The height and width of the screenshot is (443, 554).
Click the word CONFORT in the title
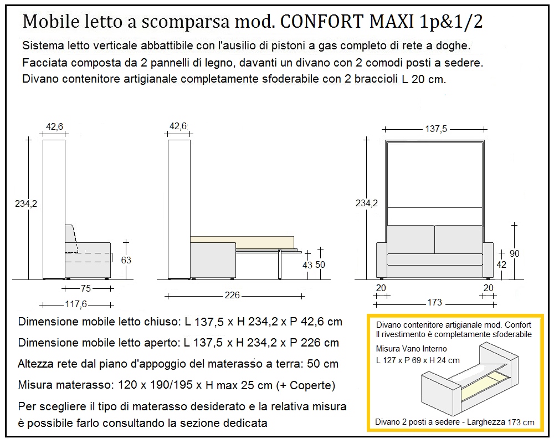click(x=317, y=22)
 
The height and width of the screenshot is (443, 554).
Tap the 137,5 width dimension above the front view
click(x=436, y=129)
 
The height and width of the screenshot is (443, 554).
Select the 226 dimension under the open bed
click(x=233, y=296)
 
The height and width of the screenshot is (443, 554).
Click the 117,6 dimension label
click(x=77, y=304)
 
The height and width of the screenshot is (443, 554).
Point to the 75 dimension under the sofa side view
click(x=86, y=288)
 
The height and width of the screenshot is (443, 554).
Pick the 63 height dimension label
click(x=126, y=259)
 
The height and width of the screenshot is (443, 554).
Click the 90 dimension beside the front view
click(x=515, y=253)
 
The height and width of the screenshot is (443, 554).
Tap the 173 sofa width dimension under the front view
click(x=434, y=302)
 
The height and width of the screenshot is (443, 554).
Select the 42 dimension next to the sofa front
click(x=501, y=265)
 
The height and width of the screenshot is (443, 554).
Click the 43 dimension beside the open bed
click(x=307, y=265)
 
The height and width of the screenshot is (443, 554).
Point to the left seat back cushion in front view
click(x=411, y=239)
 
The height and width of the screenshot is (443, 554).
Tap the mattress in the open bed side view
click(x=242, y=242)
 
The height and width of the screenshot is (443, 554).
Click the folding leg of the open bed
click(x=280, y=264)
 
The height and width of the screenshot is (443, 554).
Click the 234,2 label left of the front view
click(x=367, y=203)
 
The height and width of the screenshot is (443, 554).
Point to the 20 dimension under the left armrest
click(x=381, y=287)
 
